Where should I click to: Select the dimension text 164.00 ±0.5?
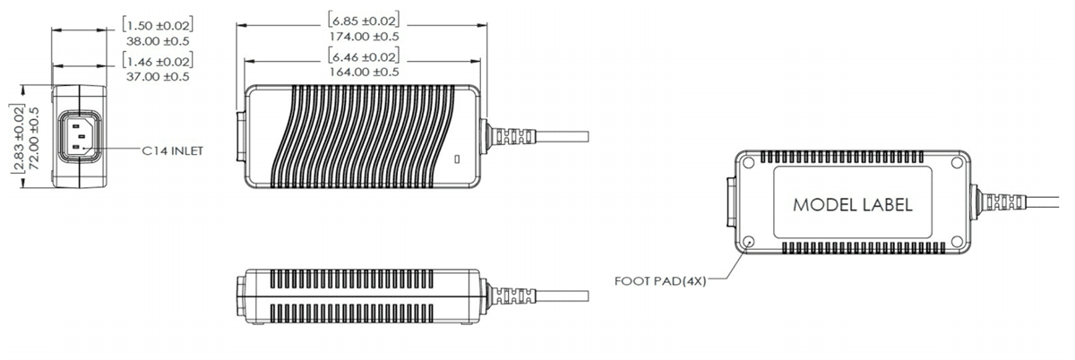coord(364,72)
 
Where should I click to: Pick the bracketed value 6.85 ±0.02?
coord(364,20)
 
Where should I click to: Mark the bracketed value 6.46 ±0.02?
coord(364,56)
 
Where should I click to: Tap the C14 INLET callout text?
coord(173,152)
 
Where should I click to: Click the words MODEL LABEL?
coord(852,205)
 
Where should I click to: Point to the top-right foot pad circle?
coord(956,164)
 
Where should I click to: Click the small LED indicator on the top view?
coord(459,161)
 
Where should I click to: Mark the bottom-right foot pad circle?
coord(956,241)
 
